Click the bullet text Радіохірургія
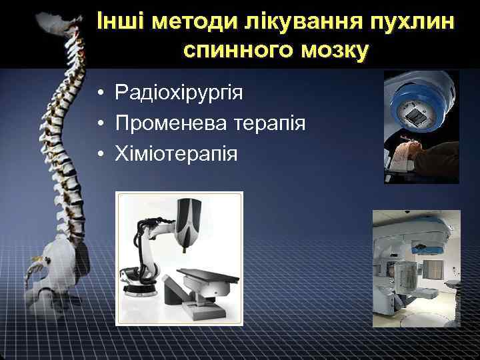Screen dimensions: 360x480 coord(179,92)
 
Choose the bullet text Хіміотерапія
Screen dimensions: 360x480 coord(176,154)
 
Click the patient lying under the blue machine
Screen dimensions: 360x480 coord(427,157)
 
